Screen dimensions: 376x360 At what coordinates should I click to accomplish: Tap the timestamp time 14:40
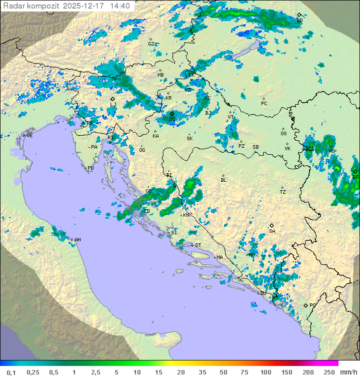(x=120, y=6)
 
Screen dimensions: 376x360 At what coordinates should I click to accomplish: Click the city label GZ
(x=151, y=44)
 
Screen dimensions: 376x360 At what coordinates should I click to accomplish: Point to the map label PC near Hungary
(x=264, y=104)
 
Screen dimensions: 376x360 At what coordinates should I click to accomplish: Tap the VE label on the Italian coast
(x=29, y=136)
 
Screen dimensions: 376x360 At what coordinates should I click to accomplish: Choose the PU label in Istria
(x=90, y=168)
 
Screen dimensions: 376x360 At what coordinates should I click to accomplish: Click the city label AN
(x=77, y=240)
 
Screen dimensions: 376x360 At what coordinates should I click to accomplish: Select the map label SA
(x=272, y=231)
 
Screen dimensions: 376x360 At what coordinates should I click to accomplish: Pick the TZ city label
(x=283, y=192)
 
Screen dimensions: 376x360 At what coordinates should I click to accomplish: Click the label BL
(x=223, y=180)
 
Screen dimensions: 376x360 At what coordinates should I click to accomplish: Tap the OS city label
(x=283, y=134)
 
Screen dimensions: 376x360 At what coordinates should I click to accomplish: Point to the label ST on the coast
(x=198, y=245)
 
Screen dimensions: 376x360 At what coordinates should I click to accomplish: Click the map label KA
(x=155, y=136)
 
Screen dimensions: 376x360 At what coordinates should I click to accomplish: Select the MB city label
(x=160, y=75)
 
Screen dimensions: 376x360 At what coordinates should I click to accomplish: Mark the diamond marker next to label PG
(x=305, y=305)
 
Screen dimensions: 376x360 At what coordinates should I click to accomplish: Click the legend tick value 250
(x=328, y=372)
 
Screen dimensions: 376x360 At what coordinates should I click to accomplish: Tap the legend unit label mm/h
(x=348, y=372)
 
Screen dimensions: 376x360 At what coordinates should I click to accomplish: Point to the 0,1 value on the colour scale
(x=11, y=372)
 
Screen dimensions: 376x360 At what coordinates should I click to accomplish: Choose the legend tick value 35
(x=202, y=372)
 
